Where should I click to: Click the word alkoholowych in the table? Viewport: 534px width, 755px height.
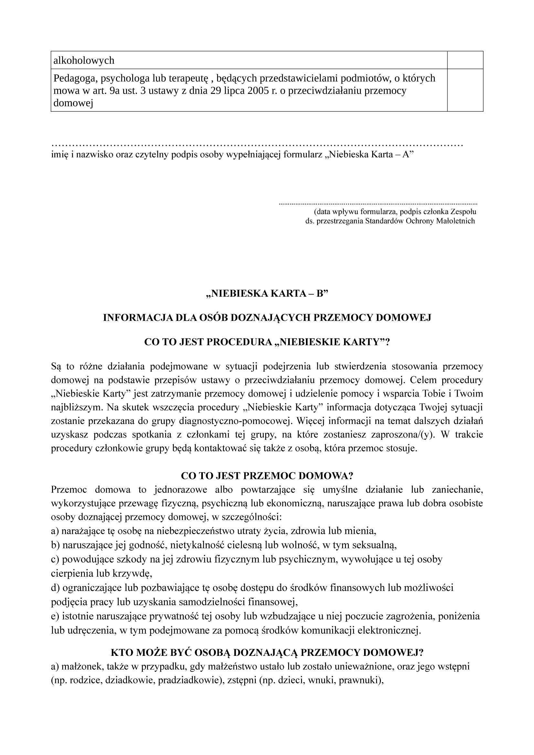[x=84, y=60]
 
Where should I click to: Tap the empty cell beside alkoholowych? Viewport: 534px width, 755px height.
[x=465, y=60]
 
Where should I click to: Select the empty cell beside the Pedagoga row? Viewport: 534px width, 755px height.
[x=465, y=90]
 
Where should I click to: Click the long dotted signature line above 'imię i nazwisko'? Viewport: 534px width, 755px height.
[x=257, y=145]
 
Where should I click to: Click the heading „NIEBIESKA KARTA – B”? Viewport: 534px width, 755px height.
[x=267, y=294]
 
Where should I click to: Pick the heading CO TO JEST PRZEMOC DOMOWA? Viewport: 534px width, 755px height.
[x=267, y=476]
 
